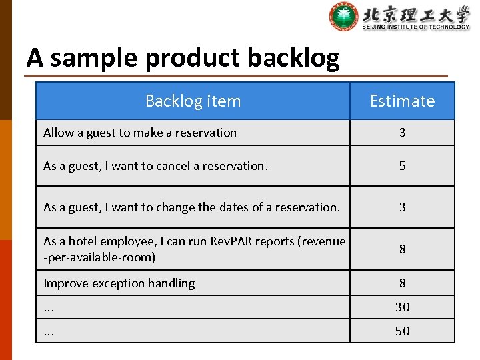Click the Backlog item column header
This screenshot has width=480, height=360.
point(193,101)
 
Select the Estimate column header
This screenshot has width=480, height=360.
point(402,101)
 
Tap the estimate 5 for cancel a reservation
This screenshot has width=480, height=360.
point(402,166)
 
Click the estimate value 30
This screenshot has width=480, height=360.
point(402,307)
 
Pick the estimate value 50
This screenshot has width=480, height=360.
point(402,331)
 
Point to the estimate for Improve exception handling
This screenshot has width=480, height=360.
point(402,283)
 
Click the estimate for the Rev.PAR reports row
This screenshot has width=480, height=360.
point(402,249)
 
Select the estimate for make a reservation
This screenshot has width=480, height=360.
point(402,133)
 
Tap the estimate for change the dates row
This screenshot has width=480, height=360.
point(402,207)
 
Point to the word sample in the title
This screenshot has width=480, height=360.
point(96,59)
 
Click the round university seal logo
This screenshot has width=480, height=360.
point(343,17)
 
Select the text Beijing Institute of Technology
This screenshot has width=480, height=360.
point(416,27)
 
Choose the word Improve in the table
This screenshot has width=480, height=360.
point(65,283)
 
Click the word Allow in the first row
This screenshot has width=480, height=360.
point(59,133)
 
